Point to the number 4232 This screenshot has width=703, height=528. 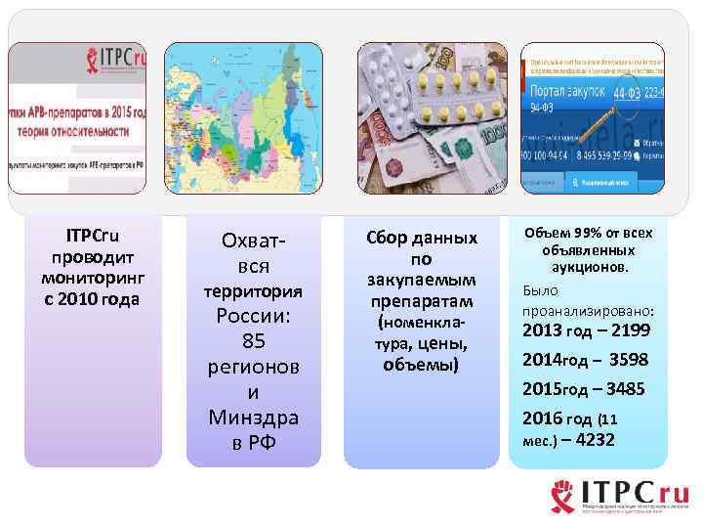pos(596,440)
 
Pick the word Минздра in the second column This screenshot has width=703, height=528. pos(253,418)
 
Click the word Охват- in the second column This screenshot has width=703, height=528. pos(253,241)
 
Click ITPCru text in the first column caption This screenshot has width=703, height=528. pos(93,237)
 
